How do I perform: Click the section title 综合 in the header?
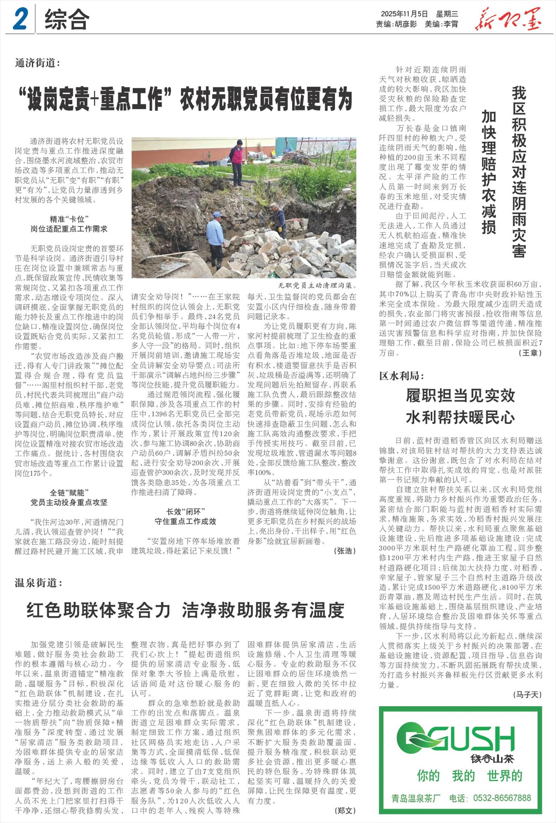pyautogui.click(x=67, y=19)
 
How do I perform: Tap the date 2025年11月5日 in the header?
pyautogui.click(x=404, y=14)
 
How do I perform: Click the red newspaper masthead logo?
pyautogui.click(x=508, y=19)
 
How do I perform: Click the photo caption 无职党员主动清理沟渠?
pyautogui.click(x=317, y=285)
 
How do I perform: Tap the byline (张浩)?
pyautogui.click(x=345, y=551)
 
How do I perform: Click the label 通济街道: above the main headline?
pyautogui.click(x=37, y=63)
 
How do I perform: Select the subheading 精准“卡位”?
pyautogui.click(x=69, y=219)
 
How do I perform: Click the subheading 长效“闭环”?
pyautogui.click(x=185, y=512)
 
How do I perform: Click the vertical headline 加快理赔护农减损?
pyautogui.click(x=489, y=172)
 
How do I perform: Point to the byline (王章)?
pyautogui.click(x=530, y=353)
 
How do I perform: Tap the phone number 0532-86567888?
pyautogui.click(x=502, y=798)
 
